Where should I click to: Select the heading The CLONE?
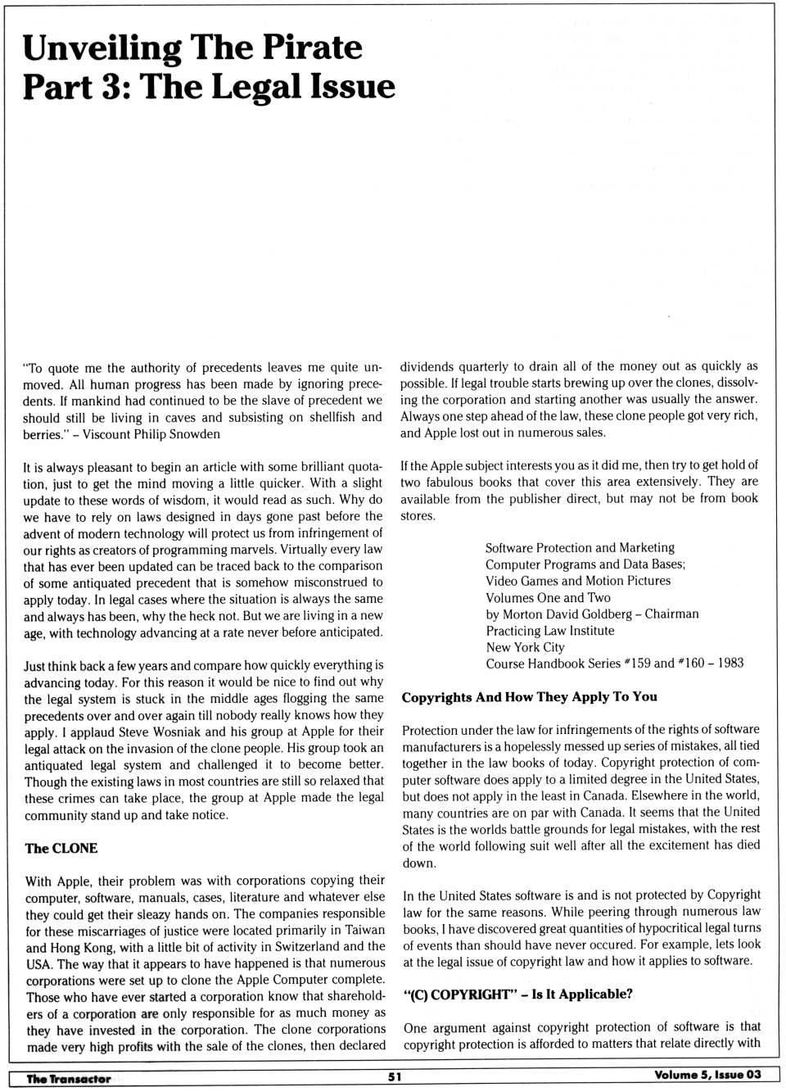point(61,848)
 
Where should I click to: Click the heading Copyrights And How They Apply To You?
point(529,696)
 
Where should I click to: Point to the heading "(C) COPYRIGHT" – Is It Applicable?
point(517,994)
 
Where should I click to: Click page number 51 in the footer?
point(395,1076)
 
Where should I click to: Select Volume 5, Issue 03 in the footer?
point(707,1075)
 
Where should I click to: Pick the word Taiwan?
point(364,930)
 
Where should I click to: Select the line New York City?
point(525,646)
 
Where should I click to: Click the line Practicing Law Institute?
point(549,630)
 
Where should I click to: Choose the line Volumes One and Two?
point(548,597)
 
